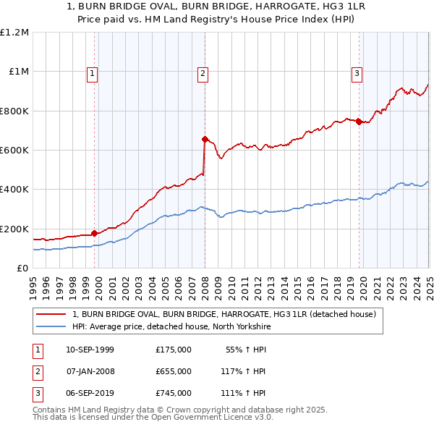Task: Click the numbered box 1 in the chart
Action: click(93, 72)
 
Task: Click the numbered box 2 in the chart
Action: click(203, 72)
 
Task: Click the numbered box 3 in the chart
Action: click(357, 72)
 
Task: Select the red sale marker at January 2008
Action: click(205, 139)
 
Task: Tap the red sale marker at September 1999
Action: click(94, 233)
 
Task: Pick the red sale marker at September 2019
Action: click(359, 122)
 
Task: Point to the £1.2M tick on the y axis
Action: click(14, 33)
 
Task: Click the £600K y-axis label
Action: click(14, 151)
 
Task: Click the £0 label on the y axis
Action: click(23, 268)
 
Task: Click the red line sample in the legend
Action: click(51, 315)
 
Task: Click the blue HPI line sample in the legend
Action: click(51, 327)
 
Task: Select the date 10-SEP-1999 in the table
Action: click(90, 350)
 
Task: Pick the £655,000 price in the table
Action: click(174, 371)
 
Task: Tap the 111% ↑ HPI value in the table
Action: click(244, 393)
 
